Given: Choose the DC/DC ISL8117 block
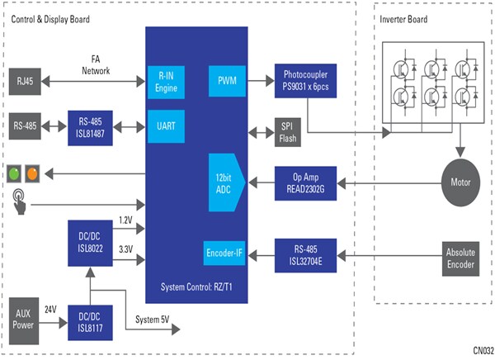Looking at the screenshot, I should (90, 318).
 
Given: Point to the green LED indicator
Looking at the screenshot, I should (15, 174).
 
